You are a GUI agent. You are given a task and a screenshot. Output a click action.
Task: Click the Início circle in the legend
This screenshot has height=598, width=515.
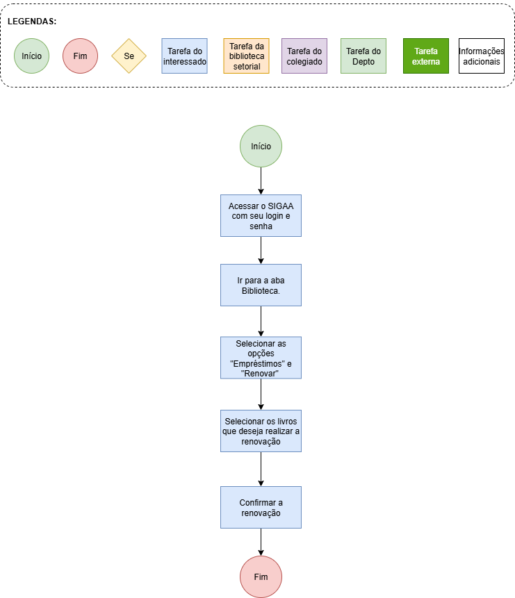pos(32,56)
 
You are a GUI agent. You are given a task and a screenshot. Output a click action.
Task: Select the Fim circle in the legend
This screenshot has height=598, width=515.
pos(80,56)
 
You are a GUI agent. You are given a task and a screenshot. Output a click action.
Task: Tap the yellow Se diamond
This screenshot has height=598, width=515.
pos(129,56)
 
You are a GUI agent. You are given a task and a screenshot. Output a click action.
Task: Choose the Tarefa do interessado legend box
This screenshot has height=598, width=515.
pos(184,56)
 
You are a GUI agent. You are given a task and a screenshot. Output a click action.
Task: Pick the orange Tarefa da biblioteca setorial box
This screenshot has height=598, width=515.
pos(246,56)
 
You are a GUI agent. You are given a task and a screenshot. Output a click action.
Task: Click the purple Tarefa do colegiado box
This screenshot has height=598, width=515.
pos(304,56)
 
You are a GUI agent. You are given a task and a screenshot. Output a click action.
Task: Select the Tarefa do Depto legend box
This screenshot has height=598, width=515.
pos(363,56)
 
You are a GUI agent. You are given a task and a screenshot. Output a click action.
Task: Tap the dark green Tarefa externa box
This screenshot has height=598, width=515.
pos(426,56)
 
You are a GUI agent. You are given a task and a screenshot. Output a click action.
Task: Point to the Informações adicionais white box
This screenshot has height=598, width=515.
pos(482,56)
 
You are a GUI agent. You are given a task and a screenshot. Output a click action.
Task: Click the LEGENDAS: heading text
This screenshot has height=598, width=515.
pos(32,22)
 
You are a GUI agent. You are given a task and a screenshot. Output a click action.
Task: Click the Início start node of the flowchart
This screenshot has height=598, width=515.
pos(261,146)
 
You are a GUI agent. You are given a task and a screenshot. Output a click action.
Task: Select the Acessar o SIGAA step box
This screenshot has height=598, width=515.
pos(261,216)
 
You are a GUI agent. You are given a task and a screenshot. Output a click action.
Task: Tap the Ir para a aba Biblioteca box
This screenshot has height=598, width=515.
pos(261,285)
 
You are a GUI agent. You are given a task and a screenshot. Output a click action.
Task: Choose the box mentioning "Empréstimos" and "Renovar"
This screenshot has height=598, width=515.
pos(261,358)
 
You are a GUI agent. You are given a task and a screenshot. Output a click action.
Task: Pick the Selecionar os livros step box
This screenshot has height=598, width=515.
pos(261,431)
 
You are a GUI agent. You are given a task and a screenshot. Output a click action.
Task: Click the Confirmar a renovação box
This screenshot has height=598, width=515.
pos(261,507)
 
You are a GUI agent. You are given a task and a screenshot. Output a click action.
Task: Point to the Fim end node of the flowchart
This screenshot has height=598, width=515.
pos(261,576)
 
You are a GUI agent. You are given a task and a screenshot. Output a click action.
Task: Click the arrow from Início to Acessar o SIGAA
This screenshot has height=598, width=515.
pos(261,181)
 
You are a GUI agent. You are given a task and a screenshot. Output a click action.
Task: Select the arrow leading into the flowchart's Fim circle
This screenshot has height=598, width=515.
pos(261,542)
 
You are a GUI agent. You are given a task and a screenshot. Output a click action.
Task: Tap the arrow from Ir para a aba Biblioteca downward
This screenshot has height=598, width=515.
pos(261,321)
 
